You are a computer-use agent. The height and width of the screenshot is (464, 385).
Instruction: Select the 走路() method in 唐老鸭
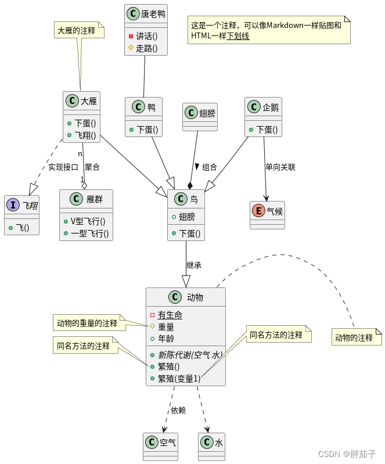tap(146, 48)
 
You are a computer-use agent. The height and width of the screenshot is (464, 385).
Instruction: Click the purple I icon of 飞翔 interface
tap(13, 206)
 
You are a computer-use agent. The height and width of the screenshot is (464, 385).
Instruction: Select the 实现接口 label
tap(63, 167)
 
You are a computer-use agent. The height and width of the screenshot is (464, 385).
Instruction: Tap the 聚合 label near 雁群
tap(92, 167)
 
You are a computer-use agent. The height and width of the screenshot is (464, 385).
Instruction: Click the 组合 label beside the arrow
tap(209, 167)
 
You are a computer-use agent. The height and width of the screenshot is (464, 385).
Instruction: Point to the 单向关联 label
tap(280, 167)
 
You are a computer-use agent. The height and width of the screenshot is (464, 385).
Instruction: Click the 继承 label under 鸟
tap(194, 265)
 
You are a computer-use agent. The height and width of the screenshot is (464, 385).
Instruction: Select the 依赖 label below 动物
tap(178, 410)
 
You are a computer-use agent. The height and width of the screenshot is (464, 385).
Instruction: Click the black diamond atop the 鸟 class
tap(190, 185)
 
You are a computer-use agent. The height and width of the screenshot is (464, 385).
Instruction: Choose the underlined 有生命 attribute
tap(170, 315)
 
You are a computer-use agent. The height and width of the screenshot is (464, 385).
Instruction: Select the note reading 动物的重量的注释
tap(87, 323)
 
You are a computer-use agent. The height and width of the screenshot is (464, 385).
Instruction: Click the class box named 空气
tap(160, 443)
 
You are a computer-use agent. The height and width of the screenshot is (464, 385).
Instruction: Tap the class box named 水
tap(211, 443)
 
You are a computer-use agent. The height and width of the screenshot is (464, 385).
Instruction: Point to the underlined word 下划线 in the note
tap(238, 36)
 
